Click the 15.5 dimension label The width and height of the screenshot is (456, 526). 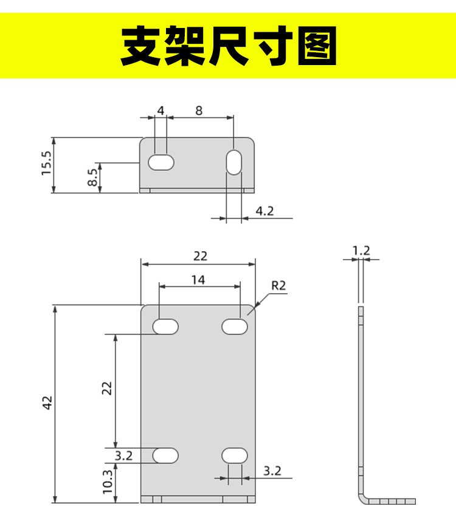pos(47,163)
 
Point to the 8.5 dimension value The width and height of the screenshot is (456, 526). pos(92,177)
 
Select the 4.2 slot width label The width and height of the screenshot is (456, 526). pos(264,211)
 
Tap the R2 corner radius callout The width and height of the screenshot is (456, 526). pos(278,285)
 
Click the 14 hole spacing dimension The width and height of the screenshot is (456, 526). pos(198,280)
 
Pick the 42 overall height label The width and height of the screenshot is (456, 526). pos(47,403)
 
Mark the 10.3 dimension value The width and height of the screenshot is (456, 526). pos(108,482)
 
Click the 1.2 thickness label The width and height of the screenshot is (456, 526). pos(361,251)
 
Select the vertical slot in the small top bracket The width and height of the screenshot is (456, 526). pos(233,162)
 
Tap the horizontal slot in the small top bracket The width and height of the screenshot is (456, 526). pos(161,163)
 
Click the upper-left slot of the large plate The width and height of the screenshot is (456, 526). pos(165,327)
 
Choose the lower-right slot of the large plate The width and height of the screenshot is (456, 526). pos(235,455)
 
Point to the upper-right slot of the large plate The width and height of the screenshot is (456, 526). pos(235,327)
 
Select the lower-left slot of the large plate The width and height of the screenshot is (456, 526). pos(165,455)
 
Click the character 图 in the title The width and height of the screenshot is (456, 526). pos(317,46)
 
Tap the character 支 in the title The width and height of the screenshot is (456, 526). pos(141,46)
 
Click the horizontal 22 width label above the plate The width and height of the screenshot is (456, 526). pos(200,256)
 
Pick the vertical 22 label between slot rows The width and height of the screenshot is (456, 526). pos(106,388)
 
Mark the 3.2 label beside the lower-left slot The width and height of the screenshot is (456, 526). pos(123,455)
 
